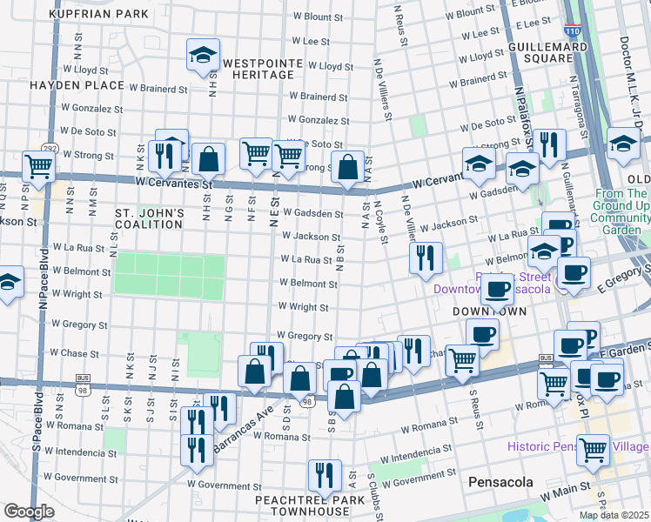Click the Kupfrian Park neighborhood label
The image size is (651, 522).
(x=98, y=15)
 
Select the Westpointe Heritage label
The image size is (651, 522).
(x=262, y=70)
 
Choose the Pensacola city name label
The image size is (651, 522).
(x=500, y=481)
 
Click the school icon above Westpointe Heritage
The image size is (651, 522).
(x=203, y=56)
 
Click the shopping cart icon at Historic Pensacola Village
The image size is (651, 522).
(x=593, y=449)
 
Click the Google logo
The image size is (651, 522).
(x=29, y=512)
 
